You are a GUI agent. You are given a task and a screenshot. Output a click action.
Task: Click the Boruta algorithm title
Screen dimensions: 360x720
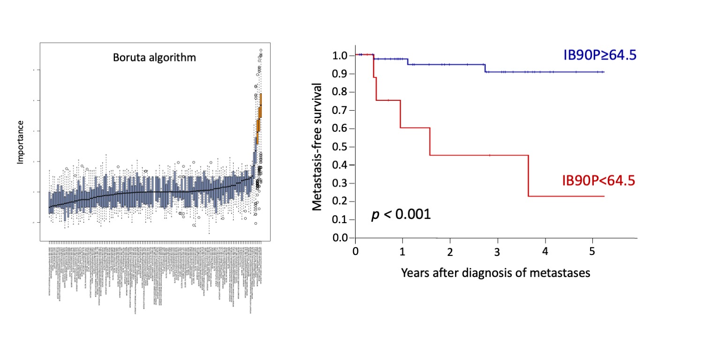point(154,58)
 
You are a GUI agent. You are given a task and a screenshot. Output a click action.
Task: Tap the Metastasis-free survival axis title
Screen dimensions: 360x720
point(317,147)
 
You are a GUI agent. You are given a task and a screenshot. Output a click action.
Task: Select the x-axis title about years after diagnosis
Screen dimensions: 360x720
point(495,273)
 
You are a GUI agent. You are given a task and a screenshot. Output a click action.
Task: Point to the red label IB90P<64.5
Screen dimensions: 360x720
point(599,180)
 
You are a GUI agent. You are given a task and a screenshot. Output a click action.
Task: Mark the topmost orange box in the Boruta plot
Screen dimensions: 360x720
point(261,100)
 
